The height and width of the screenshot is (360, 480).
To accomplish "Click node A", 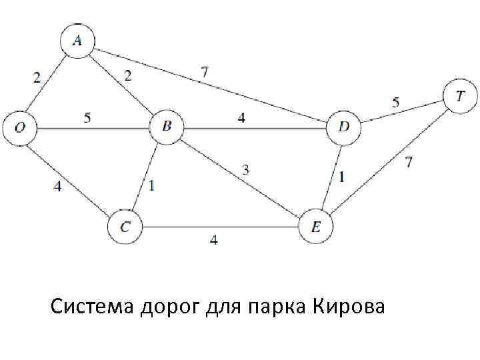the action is (x=77, y=41).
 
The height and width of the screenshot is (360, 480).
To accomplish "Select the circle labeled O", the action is (x=19, y=127).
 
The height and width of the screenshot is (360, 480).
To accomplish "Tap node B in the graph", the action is (x=166, y=127).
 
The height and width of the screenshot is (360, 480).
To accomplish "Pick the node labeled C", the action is (x=125, y=227).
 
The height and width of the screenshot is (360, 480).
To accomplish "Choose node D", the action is (x=343, y=127).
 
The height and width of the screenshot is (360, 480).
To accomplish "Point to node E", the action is (x=316, y=227).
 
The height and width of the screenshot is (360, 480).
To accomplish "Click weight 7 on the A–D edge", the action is (x=204, y=71).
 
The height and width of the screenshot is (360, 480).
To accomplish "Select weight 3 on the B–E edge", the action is (x=245, y=171).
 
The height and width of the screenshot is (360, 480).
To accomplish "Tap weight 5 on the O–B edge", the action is (x=87, y=119).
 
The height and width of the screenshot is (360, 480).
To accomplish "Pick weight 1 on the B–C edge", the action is (x=152, y=186).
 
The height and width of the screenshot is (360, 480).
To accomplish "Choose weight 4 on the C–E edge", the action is (x=213, y=240).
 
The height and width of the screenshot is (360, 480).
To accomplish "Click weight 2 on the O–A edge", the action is (x=37, y=77).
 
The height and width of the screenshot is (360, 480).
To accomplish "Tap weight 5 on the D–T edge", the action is (x=396, y=103).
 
